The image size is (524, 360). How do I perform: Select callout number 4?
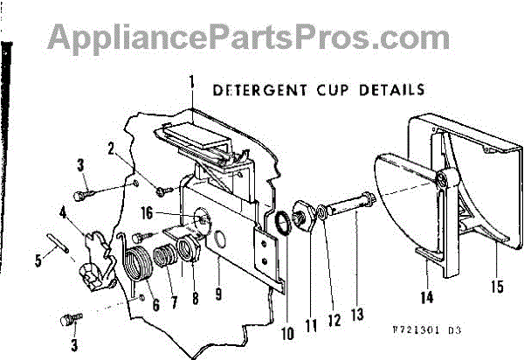click(x=62, y=210)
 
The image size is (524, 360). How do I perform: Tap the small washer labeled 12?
click(x=321, y=212)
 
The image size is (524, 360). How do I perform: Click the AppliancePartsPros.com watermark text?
click(x=248, y=37)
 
